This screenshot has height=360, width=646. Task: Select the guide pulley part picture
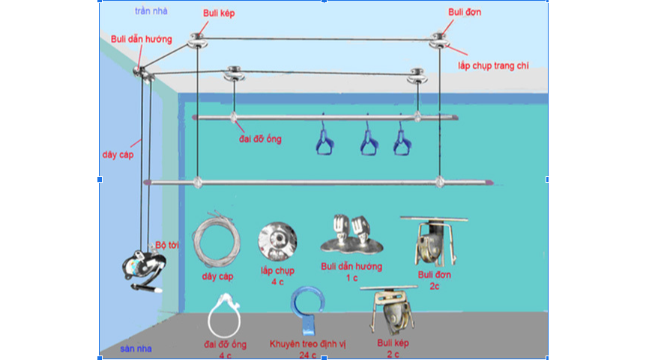pos(351,235)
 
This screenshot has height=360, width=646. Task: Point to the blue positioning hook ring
pos(307,308)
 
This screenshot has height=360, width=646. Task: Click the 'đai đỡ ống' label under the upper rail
pos(256,139)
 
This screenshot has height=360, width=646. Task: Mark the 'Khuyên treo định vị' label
pos(304,344)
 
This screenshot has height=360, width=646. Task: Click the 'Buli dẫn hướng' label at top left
pos(142,38)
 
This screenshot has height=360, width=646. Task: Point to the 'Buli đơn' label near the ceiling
pos(465,12)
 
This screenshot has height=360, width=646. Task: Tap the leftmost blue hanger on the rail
pos(323,139)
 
